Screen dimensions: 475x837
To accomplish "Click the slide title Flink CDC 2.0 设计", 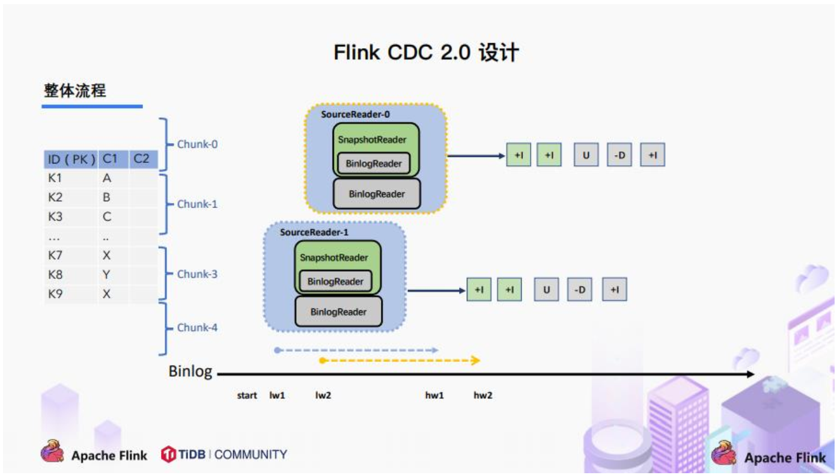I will coord(425,53).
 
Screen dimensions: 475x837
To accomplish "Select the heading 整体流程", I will coord(75,91).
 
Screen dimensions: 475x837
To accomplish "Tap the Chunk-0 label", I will coord(197,144).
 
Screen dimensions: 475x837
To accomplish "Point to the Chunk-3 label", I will coord(197,274).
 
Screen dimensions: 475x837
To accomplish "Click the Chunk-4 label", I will coord(197,328).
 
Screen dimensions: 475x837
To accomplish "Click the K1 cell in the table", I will coord(55,179).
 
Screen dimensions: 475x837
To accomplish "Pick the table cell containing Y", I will coord(107,275).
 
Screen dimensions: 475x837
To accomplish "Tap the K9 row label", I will coord(55,294).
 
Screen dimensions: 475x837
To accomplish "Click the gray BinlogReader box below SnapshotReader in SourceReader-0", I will coord(377,194).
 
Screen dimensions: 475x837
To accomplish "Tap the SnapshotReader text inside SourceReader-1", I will coord(334,257).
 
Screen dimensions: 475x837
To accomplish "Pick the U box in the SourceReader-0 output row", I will coord(586,155).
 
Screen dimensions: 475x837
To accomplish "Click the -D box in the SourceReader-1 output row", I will coord(579,290).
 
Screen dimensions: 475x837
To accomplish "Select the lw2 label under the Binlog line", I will coord(323,395).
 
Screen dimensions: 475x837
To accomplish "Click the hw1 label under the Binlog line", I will coord(434,395).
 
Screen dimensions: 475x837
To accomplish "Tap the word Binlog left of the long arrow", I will coord(190,372).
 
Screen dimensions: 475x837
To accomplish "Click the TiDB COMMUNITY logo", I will coord(224,455).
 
